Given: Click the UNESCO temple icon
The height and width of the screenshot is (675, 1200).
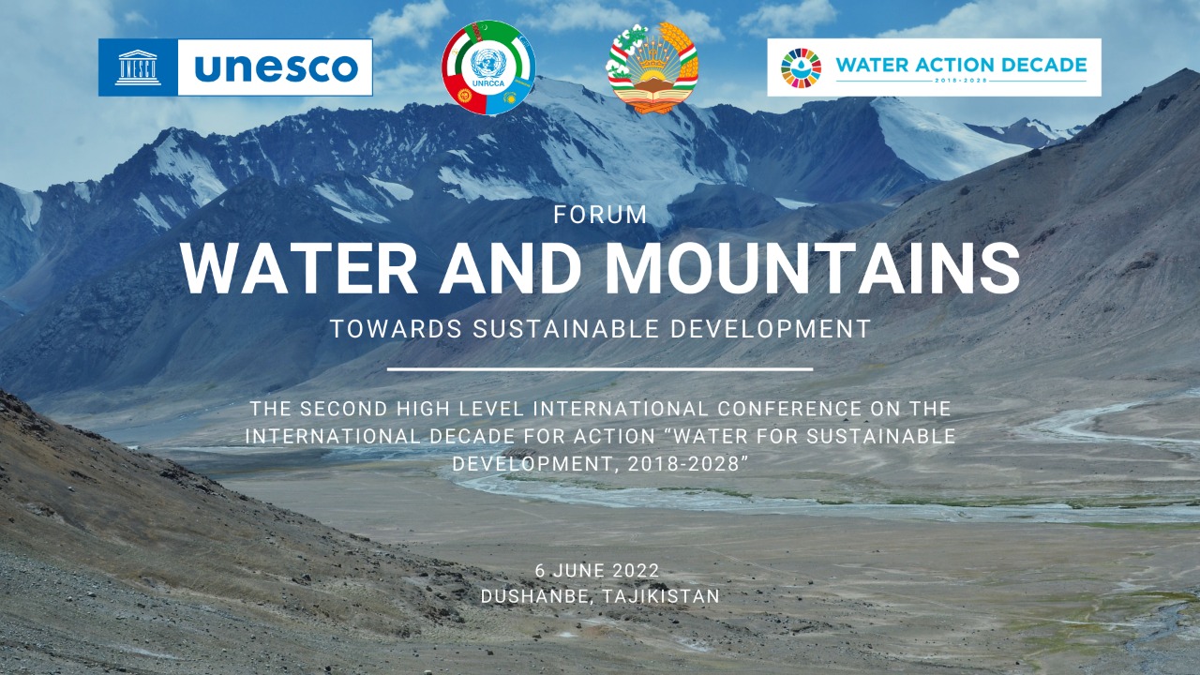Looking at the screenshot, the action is click(138, 67).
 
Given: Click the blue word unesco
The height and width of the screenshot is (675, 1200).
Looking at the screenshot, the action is click(276, 68).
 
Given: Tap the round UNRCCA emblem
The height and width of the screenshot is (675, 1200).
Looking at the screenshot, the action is click(488, 68).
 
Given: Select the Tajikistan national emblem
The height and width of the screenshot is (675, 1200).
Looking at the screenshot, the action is click(652, 67).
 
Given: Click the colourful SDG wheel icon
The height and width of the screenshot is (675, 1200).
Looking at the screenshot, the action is click(801, 68).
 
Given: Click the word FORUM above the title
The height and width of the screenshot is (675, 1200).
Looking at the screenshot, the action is click(600, 215).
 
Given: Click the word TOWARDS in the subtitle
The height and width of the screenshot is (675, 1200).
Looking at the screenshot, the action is click(397, 328).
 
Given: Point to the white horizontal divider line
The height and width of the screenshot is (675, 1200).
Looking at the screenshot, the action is click(600, 369).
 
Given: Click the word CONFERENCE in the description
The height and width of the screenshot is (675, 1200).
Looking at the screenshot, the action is click(789, 409).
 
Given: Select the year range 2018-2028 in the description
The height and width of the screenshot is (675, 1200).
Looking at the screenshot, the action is click(683, 464).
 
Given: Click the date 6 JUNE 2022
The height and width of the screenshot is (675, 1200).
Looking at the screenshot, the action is click(597, 571).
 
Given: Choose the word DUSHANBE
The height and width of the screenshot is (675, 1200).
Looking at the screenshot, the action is click(537, 596).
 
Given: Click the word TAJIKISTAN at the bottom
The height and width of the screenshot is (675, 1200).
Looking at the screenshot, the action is click(661, 596).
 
